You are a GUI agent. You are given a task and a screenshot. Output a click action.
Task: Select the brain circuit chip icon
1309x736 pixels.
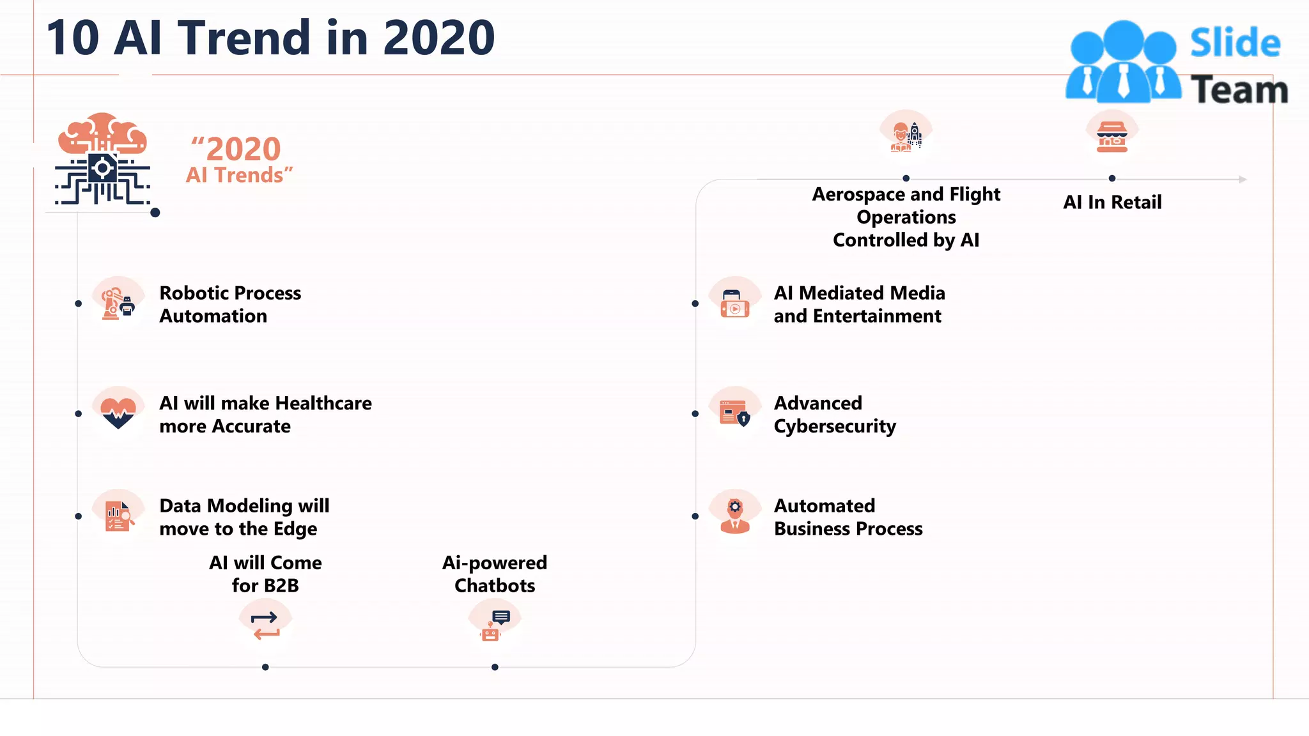point(103,160)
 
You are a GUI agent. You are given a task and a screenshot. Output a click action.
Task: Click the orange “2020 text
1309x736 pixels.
point(236,149)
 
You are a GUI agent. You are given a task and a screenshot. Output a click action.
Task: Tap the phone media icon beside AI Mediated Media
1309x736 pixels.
point(734,303)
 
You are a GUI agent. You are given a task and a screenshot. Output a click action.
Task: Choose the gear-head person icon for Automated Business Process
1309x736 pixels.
point(734,515)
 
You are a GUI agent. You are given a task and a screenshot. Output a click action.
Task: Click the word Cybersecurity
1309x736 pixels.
point(835,427)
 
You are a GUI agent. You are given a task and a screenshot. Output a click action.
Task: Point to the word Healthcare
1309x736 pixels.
point(323,403)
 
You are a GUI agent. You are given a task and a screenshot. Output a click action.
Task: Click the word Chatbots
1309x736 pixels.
point(495,586)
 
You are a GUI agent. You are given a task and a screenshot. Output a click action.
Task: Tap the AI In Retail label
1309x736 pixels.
point(1112,203)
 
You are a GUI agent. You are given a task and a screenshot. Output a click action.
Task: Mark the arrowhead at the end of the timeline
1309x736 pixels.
point(1242,180)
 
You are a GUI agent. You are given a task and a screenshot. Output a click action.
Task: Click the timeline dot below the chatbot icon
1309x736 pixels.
point(495,667)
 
